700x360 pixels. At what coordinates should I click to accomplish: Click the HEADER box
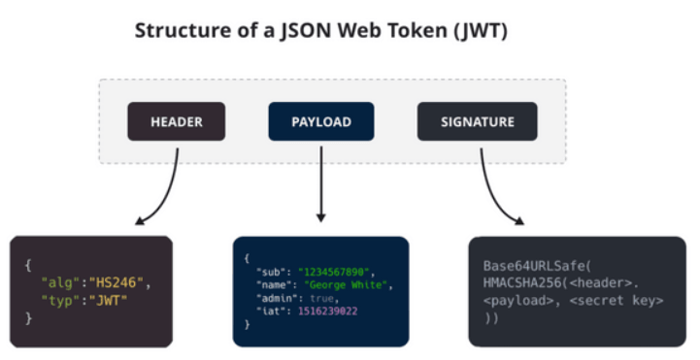click(177, 121)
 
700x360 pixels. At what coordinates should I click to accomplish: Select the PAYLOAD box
click(321, 121)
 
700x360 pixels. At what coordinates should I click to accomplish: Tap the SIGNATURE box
click(478, 121)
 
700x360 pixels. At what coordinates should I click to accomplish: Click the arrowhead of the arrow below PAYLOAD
click(320, 217)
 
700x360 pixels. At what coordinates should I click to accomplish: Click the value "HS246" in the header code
click(117, 282)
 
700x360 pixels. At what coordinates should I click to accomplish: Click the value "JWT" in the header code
click(108, 300)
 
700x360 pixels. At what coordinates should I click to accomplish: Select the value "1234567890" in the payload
click(334, 272)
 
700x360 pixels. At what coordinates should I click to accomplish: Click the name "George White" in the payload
click(346, 284)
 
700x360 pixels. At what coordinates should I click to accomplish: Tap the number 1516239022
click(328, 311)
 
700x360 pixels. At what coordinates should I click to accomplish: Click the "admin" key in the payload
click(274, 298)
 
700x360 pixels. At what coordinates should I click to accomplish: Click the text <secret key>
click(617, 300)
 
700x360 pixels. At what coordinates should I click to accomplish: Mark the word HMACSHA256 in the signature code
click(522, 283)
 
